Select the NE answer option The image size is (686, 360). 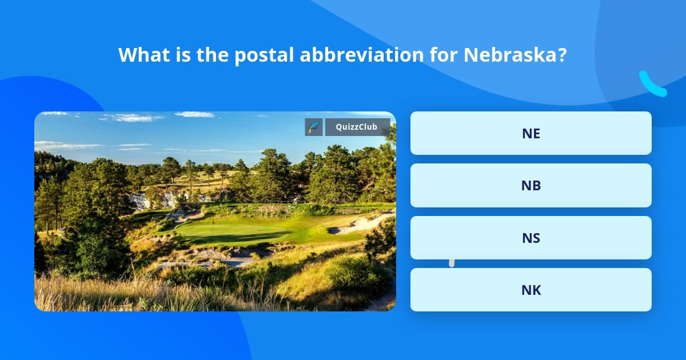click(531, 133)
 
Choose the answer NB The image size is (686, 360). click(531, 185)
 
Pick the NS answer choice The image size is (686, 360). click(531, 238)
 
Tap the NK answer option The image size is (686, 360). click(531, 290)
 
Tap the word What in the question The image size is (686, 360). click(140, 55)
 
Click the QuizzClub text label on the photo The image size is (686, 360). click(357, 127)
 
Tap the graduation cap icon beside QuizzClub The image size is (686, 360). click(314, 127)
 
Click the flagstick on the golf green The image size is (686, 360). click(214, 219)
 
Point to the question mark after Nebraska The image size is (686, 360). click(561, 55)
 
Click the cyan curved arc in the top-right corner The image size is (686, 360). click(652, 84)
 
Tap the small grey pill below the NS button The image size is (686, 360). click(452, 263)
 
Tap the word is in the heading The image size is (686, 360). click(180, 55)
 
